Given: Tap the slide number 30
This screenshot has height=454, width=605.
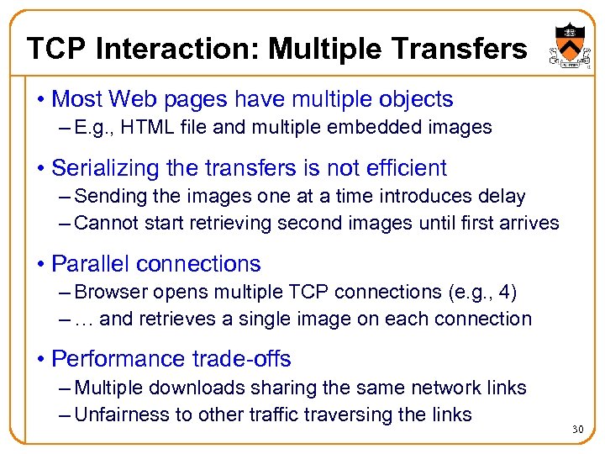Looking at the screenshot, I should coord(577,430).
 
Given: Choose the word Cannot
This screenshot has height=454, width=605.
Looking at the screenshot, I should coord(104,223).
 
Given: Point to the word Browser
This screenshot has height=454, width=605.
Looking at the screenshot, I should coord(108,293).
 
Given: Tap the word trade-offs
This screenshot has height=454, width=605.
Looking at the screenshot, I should coord(250,359).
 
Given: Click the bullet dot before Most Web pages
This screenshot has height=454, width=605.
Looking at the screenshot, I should coord(41,100).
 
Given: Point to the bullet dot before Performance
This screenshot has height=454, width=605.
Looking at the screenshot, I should coord(41,360).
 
